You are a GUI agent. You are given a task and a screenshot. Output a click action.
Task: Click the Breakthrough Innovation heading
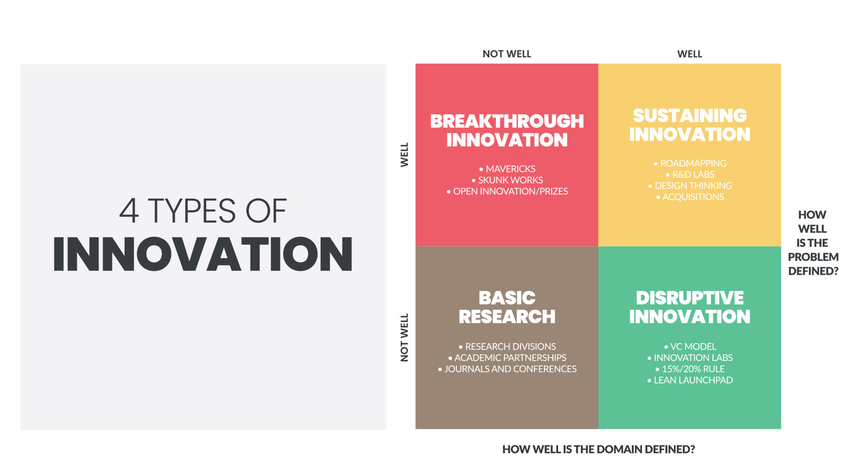507,131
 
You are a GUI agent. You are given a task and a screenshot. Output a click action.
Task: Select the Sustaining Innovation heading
689,125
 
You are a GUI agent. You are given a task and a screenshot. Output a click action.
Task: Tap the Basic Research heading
507,307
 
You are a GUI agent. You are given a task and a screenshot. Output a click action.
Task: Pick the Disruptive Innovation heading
689,307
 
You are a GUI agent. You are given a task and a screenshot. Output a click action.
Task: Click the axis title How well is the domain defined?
598,449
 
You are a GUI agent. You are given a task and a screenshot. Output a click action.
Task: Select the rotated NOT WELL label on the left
404,337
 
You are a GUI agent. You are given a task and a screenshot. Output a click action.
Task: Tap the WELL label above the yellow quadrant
689,54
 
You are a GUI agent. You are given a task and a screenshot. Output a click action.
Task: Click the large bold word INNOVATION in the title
203,254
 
